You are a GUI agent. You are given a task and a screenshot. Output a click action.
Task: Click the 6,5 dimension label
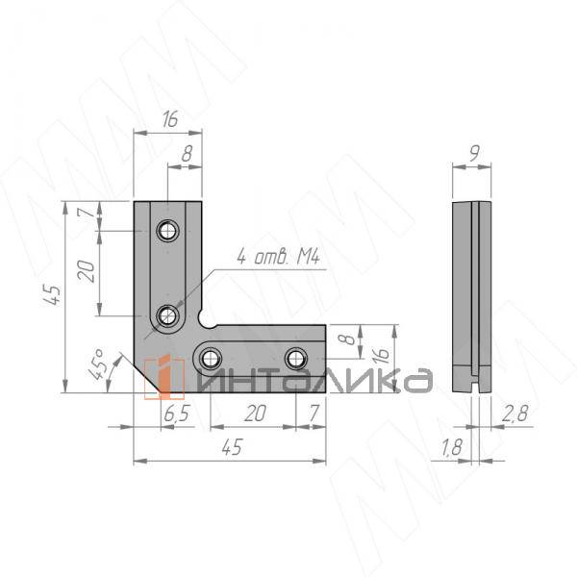click(176, 414)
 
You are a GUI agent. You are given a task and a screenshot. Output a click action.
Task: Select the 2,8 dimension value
click(514, 414)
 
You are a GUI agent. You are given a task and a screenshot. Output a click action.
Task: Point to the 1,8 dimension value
click(451, 447)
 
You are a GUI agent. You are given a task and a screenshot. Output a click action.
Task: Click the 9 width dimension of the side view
click(475, 153)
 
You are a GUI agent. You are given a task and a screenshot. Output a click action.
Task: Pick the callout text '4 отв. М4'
click(279, 257)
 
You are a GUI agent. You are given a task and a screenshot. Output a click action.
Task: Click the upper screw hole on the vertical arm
click(167, 231)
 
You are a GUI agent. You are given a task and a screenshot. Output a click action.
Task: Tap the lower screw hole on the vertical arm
click(167, 315)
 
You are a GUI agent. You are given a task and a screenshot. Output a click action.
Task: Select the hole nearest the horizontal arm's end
click(296, 358)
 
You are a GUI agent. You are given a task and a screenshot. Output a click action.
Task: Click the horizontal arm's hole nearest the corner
click(210, 358)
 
